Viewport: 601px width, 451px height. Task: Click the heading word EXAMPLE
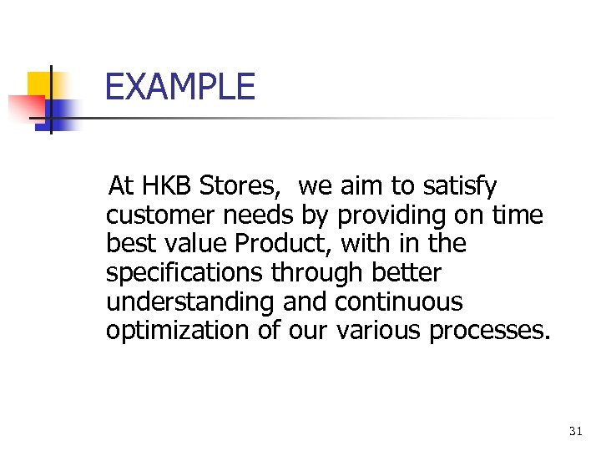click(x=180, y=87)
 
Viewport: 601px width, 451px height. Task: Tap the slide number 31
click(x=575, y=431)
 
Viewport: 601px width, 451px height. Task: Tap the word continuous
click(x=399, y=302)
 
